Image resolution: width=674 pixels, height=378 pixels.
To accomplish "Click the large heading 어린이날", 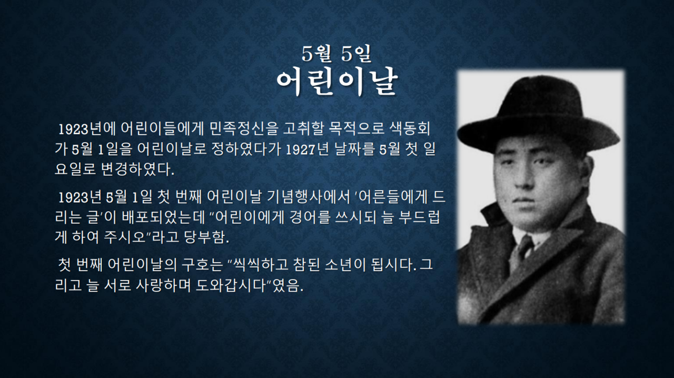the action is [x=337, y=83].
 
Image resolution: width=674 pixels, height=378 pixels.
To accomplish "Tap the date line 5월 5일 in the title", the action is [x=336, y=54].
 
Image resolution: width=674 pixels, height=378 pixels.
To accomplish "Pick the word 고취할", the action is [x=303, y=129].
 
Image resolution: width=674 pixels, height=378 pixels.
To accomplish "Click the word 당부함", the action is [x=206, y=237].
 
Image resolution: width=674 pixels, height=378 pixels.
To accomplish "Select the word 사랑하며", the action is [x=163, y=285].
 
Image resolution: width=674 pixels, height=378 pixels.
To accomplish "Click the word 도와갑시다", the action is [x=232, y=285].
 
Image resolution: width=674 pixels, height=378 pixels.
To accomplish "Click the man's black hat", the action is [x=538, y=116].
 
